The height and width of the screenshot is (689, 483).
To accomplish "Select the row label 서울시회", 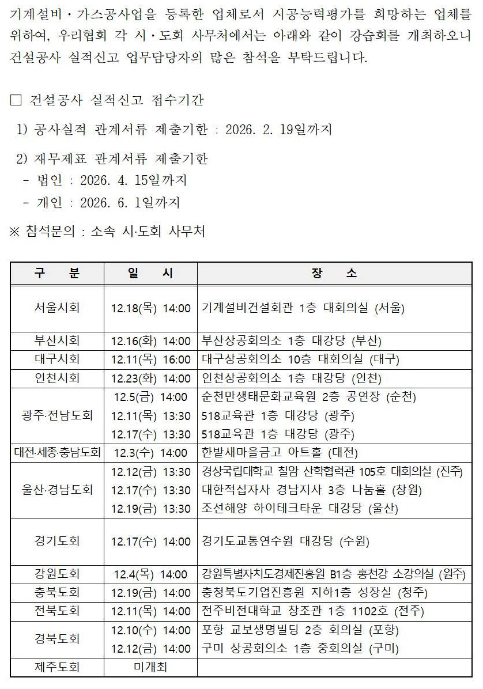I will pyautogui.click(x=57, y=308).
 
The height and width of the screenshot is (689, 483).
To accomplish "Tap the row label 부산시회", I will pyautogui.click(x=57, y=340).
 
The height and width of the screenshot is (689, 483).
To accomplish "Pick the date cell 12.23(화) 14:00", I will pyautogui.click(x=150, y=378).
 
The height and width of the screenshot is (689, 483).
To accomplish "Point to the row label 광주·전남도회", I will pyautogui.click(x=57, y=415).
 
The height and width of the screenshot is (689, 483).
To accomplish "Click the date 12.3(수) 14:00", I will pyautogui.click(x=150, y=453).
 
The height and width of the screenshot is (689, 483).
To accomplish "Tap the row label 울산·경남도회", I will pyautogui.click(x=57, y=490).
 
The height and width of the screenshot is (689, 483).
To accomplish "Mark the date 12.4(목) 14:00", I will pyautogui.click(x=150, y=574).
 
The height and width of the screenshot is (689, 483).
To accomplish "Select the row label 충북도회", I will pyautogui.click(x=57, y=592).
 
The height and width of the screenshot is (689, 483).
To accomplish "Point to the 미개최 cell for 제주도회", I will pyautogui.click(x=150, y=668).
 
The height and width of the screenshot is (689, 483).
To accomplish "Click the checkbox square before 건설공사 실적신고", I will pyautogui.click(x=16, y=100).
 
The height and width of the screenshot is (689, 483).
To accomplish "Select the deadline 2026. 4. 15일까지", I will pyautogui.click(x=133, y=180).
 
